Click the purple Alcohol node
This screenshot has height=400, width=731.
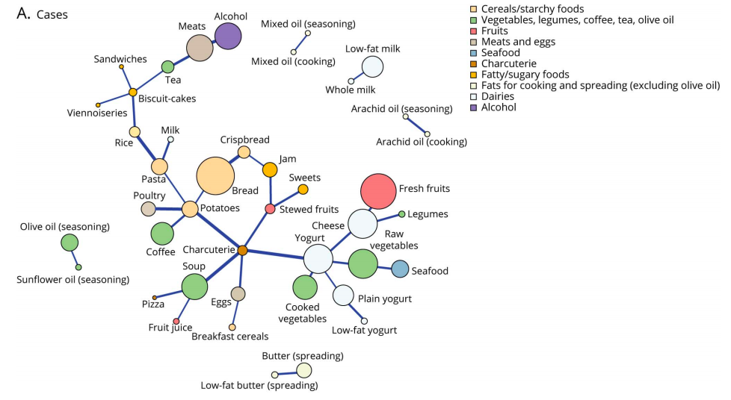(228, 36)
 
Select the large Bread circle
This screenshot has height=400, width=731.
(220, 176)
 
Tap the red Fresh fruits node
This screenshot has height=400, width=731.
(378, 191)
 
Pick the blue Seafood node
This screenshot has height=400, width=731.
(400, 269)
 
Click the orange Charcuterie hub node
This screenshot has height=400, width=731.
(242, 250)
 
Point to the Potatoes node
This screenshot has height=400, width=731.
(190, 209)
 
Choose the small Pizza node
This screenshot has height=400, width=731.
(155, 297)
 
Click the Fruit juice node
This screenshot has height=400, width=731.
(176, 321)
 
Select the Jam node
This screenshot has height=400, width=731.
(270, 169)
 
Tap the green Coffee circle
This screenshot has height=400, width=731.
(162, 234)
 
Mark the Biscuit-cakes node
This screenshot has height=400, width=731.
(132, 93)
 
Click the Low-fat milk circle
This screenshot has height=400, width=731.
(372, 67)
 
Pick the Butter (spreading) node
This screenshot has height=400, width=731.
(303, 370)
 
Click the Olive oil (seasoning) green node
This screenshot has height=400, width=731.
(70, 243)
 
